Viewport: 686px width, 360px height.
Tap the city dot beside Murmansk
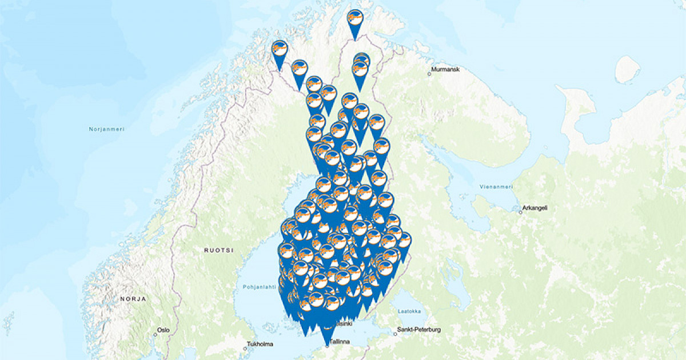430,74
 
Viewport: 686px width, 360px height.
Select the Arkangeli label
536,208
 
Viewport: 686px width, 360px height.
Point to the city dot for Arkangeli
521,212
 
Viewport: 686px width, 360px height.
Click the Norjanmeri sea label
106,129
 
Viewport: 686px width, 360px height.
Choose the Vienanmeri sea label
496,187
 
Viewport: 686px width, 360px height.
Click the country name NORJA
133,299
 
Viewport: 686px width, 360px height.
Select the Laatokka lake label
409,311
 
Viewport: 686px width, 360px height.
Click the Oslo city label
163,330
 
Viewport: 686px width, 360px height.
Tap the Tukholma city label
260,344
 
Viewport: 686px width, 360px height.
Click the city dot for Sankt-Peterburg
396,334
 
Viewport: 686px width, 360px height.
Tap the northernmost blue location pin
355,22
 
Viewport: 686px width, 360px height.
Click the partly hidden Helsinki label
344,324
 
